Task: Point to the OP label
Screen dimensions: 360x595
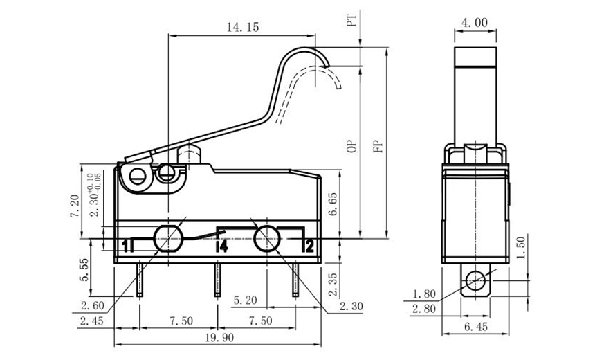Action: [x=351, y=145]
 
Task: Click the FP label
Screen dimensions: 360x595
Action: [x=377, y=145]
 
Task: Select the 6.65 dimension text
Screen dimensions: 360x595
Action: [x=333, y=205]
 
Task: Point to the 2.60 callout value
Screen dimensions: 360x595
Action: [x=92, y=305]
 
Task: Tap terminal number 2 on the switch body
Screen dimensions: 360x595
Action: [x=309, y=245]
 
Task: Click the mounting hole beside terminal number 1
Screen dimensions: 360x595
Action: [x=167, y=239]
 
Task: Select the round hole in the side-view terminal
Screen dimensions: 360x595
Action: [x=475, y=281]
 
